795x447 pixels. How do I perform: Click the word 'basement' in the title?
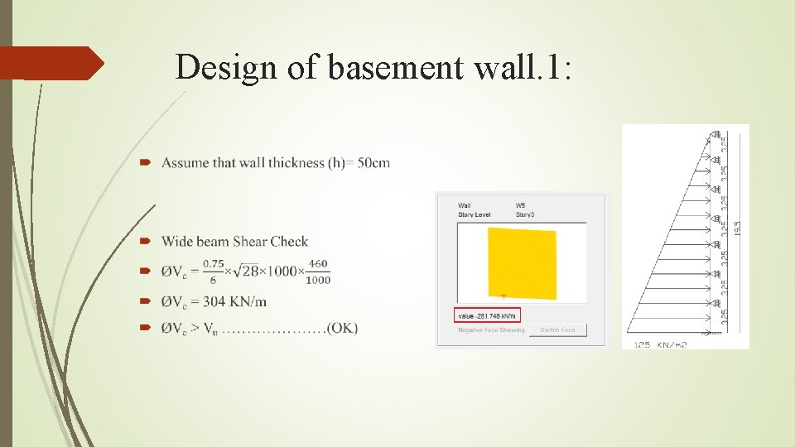(377, 67)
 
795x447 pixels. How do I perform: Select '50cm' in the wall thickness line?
(373, 163)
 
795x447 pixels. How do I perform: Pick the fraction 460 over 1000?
(318, 272)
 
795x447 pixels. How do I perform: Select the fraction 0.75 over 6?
(215, 272)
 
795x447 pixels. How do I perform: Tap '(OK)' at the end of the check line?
(343, 329)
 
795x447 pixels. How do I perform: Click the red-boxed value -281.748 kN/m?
(488, 315)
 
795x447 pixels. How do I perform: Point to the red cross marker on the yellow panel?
(503, 296)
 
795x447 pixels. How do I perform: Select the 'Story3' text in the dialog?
(527, 214)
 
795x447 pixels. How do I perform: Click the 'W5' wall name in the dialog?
(520, 205)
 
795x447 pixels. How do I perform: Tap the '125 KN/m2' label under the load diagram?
(660, 344)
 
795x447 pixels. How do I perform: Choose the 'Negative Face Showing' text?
(491, 330)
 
